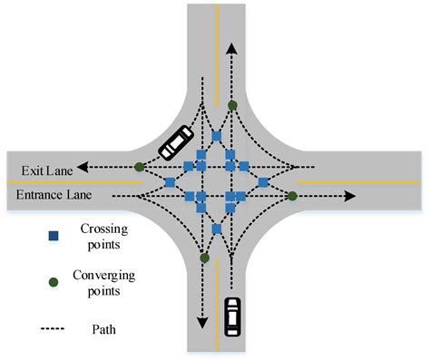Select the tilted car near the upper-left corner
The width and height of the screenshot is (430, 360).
(x=174, y=141)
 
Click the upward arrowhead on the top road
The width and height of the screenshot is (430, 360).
(x=232, y=45)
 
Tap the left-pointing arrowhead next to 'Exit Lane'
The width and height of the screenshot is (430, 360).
(x=82, y=167)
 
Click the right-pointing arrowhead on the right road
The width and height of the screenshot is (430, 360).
(x=351, y=195)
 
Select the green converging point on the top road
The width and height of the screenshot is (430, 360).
(x=232, y=106)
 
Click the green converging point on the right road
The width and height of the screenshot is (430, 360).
(x=292, y=195)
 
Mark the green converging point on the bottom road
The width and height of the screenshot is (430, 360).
(x=203, y=258)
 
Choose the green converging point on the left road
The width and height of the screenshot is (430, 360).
(x=139, y=167)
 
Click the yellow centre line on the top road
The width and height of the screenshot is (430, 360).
(x=217, y=36)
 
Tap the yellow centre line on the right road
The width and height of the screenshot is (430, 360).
(x=363, y=181)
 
